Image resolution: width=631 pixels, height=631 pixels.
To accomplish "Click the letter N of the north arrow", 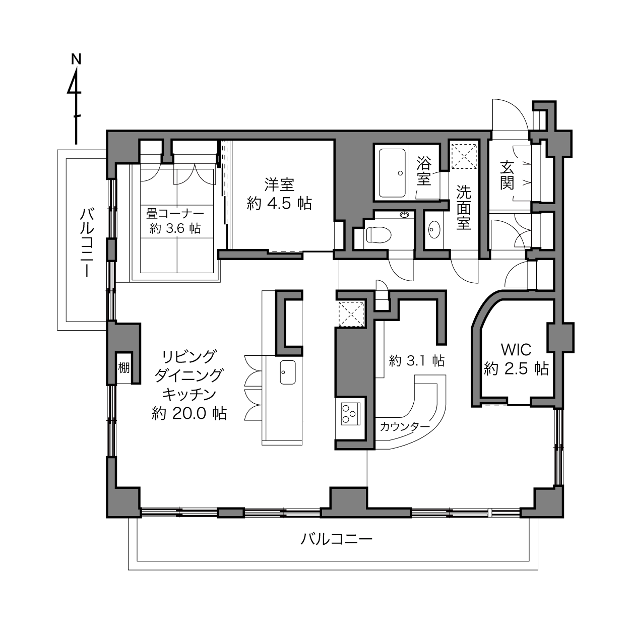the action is click(x=76, y=59).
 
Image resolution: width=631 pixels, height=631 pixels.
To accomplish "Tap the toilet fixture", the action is click(x=378, y=234).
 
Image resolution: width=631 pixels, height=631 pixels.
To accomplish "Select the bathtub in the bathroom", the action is click(x=392, y=173).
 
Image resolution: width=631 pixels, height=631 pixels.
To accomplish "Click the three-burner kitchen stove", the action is click(x=351, y=414).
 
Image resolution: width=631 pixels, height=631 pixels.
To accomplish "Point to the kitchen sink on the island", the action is click(x=288, y=372).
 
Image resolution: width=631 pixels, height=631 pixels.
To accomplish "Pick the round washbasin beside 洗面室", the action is click(x=434, y=230).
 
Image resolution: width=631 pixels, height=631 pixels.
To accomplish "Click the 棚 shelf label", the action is click(x=124, y=368).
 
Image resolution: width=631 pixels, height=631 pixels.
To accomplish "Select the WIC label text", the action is click(x=516, y=350).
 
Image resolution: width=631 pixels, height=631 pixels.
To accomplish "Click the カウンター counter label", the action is click(x=405, y=426).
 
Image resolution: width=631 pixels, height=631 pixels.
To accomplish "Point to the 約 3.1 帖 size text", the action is click(x=417, y=360).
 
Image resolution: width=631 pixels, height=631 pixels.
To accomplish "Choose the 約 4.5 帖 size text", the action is click(x=279, y=203).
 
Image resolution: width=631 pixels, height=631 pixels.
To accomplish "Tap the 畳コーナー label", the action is click(x=175, y=214).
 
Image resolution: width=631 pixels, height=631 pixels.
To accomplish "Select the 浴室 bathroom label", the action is click(x=424, y=171).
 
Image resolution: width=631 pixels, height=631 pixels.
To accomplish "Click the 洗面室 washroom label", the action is click(x=464, y=207).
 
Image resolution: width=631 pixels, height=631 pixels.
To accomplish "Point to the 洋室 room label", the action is click(x=279, y=184).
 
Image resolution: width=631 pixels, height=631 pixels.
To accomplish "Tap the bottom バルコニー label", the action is click(x=337, y=539).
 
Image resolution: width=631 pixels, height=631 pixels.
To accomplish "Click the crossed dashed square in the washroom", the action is click(x=465, y=156).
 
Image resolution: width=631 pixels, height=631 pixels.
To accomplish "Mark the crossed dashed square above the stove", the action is click(x=351, y=314).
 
